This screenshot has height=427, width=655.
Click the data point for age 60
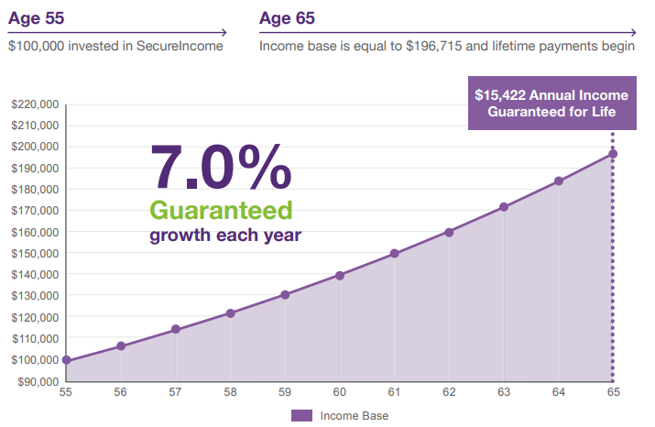point(340,275)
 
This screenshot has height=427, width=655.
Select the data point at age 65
point(613,154)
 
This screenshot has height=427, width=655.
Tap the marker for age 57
point(176,329)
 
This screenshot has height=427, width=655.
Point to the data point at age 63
point(504,207)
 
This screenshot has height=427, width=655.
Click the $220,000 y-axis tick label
point(35,104)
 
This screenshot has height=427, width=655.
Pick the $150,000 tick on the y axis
point(35,253)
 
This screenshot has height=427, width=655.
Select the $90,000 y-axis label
point(38,380)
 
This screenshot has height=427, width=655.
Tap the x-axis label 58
point(230,392)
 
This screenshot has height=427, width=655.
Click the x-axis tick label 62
point(449,392)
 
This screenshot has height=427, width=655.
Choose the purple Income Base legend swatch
point(301,416)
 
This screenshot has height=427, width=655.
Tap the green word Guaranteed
point(221,210)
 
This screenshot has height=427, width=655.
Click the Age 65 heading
point(289,17)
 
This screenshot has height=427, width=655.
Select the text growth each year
point(225,235)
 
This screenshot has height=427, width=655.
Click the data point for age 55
point(66,360)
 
